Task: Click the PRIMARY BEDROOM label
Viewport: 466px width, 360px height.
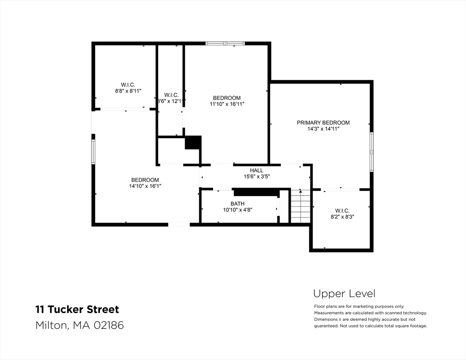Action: tap(323, 123)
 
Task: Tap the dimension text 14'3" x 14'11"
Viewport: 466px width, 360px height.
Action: tap(323, 129)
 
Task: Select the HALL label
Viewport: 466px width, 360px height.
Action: tap(256, 171)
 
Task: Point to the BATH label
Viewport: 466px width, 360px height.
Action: tap(237, 204)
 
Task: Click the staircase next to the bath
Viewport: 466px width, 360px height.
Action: tap(301, 206)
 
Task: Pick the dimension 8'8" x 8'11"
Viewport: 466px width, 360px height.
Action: tap(128, 91)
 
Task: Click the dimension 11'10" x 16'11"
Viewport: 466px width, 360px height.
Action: tap(227, 104)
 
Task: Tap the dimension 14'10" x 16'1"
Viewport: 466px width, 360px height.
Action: tap(145, 186)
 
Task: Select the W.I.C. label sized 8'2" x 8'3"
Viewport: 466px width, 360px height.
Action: tap(342, 211)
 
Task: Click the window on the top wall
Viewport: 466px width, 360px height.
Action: tap(225, 44)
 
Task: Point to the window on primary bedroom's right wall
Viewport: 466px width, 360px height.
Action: tap(371, 150)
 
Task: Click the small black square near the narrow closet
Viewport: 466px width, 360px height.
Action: tap(193, 142)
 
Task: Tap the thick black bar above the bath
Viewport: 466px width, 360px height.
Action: tap(256, 192)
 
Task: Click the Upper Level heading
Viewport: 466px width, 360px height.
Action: tap(344, 294)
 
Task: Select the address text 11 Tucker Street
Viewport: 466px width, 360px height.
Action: tap(77, 309)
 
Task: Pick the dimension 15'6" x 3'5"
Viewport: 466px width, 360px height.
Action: tap(256, 177)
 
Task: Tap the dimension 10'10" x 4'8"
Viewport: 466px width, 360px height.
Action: tap(237, 210)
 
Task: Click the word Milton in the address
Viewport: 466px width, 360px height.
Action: tap(51, 325)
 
